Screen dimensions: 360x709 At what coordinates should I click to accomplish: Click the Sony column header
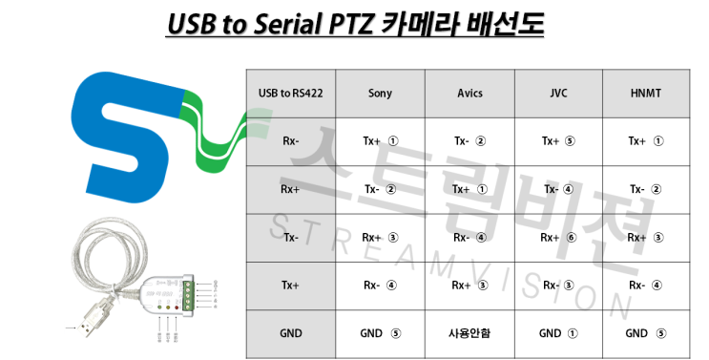click(380, 94)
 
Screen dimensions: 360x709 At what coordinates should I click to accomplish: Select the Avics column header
click(469, 94)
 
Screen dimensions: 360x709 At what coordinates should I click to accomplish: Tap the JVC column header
click(557, 94)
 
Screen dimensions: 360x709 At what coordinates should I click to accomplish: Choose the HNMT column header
click(646, 94)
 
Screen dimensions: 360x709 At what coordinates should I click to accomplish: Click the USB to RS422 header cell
click(291, 94)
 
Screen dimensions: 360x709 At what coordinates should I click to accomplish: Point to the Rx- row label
click(291, 141)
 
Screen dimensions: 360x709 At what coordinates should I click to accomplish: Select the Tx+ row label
click(291, 286)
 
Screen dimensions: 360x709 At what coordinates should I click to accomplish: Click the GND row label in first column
click(291, 333)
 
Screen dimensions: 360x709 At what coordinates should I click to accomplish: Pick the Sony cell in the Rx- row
click(380, 141)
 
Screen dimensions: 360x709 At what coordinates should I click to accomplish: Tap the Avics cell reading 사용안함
click(469, 333)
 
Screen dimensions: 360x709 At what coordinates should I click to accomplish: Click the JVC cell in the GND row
click(557, 333)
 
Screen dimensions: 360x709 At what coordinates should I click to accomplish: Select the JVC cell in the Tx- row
click(557, 238)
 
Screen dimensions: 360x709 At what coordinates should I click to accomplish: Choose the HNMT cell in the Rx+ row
click(646, 189)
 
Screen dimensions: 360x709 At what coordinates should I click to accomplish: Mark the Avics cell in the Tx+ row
click(469, 286)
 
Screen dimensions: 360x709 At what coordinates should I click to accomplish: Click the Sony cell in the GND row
click(380, 333)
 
